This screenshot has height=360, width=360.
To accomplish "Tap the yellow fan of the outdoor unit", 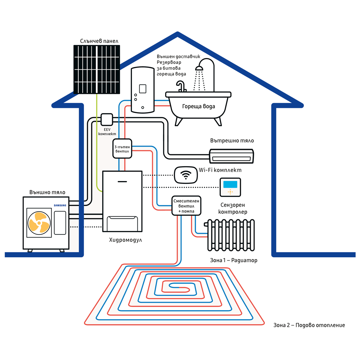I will click(39, 222).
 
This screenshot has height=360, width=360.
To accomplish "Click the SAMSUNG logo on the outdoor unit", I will click(59, 205).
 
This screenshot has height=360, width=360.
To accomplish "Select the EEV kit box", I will click(107, 119).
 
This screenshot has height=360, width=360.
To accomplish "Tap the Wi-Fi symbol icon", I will click(186, 174).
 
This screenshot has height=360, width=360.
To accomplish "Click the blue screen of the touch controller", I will click(230, 184).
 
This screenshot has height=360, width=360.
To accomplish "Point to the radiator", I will click(231, 235).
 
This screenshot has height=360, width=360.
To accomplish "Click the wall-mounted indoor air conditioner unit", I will click(231, 156).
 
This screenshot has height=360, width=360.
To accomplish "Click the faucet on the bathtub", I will click(181, 86).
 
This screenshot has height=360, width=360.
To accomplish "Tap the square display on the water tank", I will click(143, 89).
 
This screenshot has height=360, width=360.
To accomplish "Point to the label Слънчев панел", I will click(99, 41).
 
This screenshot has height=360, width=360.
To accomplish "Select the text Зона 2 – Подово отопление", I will click(309, 325).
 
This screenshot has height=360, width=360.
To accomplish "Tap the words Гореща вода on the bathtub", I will click(198, 106).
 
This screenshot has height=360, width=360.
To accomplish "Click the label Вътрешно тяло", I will click(232, 141).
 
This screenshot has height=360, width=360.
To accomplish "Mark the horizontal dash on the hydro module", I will click(122, 181).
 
